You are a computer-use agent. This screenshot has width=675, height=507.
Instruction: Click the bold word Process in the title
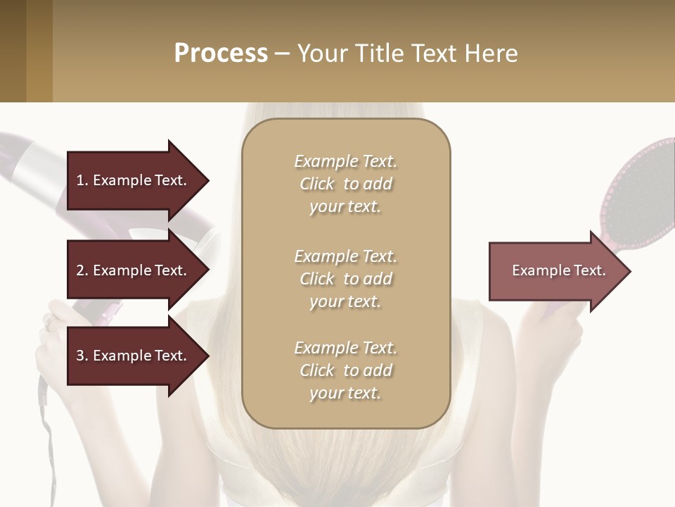(221, 54)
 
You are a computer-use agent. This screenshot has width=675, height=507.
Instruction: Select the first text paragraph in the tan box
(345, 184)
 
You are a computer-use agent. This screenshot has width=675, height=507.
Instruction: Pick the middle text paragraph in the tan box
(345, 279)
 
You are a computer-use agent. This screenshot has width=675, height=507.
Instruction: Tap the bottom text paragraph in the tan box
(345, 370)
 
